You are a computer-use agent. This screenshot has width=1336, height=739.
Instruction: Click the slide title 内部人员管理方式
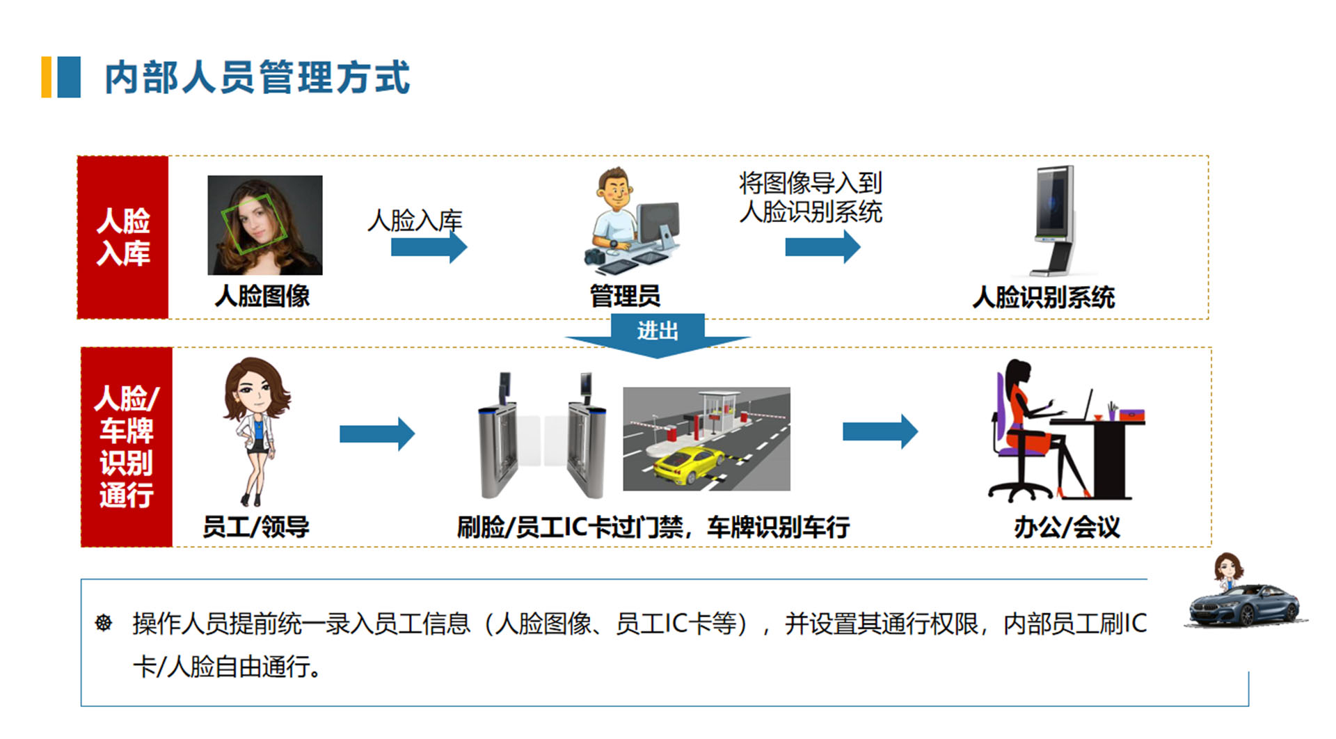pos(257,77)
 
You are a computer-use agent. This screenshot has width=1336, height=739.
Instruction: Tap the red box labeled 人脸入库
pos(123,237)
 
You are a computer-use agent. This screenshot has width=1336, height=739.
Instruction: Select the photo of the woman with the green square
pos(265,225)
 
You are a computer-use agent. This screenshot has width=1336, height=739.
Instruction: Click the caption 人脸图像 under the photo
pos(262,296)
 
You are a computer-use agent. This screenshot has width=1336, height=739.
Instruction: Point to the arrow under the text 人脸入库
pos(428,247)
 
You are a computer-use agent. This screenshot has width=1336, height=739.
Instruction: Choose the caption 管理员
pos(625,296)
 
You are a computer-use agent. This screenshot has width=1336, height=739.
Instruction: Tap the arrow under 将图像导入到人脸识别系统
pos(822,247)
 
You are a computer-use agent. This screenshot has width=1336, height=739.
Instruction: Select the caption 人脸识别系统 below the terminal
pos(1043,298)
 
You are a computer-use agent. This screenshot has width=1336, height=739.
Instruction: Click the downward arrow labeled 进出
pos(658,335)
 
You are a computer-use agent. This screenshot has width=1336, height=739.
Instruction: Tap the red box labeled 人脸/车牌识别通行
pos(127,447)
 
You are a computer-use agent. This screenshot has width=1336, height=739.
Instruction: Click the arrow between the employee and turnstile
pos(376,434)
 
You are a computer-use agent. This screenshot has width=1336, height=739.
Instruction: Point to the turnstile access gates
pos(541,438)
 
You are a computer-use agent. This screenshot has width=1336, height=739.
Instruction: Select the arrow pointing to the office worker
pos(880,432)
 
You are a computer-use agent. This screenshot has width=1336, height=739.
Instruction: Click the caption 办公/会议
pos(1067,527)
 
